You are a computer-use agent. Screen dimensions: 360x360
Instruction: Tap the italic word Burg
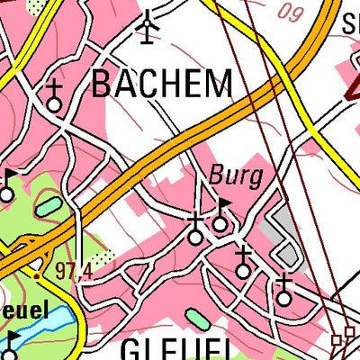coord(235,175)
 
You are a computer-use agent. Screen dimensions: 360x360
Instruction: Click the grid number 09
coord(289,13)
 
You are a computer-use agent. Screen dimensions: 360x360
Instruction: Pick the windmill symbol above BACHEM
coord(148,27)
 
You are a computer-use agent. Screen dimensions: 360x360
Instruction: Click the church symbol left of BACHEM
coord(54,96)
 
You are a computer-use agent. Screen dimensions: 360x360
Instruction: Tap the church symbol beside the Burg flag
coord(195,229)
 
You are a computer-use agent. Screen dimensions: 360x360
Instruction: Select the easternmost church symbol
coord(284,291)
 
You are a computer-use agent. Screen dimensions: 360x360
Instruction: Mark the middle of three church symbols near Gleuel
coord(242,263)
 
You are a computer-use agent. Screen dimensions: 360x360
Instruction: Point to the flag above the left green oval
coord(8,184)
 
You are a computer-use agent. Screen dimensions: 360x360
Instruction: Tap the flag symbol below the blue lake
coord(12,343)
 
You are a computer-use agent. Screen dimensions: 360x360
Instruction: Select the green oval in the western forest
coord(49,208)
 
